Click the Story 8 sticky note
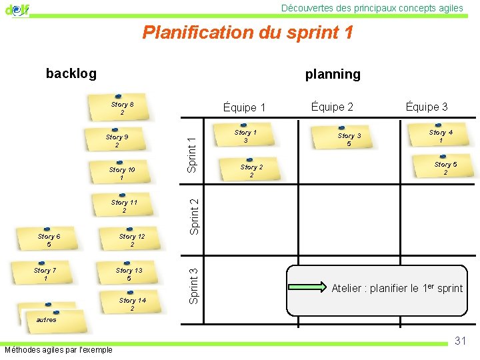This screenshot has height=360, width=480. click(x=122, y=108)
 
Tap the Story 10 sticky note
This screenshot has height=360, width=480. click(x=122, y=173)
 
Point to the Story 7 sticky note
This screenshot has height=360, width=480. click(x=45, y=273)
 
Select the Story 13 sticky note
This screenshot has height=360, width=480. click(x=129, y=273)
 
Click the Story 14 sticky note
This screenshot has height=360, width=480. click(x=132, y=304)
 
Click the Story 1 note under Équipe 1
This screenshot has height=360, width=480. click(x=245, y=136)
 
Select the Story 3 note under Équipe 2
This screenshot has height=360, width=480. click(x=349, y=139)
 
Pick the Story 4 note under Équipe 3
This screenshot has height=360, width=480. click(x=441, y=136)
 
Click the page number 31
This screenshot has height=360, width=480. click(x=460, y=341)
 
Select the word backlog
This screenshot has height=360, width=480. click(x=71, y=73)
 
